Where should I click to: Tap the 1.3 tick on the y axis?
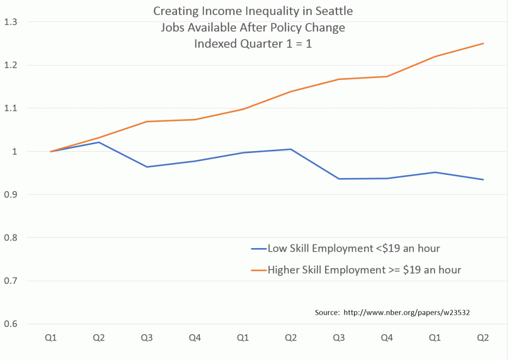[x=10, y=22]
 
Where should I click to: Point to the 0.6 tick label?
[x=10, y=324]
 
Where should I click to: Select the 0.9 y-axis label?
[x=10, y=194]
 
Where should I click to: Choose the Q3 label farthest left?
[x=147, y=339]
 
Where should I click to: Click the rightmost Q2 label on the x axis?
[x=483, y=339]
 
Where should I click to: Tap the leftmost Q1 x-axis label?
[x=50, y=339]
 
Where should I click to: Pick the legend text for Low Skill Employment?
[x=354, y=248]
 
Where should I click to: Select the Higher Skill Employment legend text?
[x=364, y=270]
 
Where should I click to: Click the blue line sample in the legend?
[x=258, y=248]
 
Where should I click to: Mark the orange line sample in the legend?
[x=258, y=270]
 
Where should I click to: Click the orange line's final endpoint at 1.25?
[x=483, y=44]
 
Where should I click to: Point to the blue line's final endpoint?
[x=483, y=180]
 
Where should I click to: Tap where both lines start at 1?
[x=51, y=151]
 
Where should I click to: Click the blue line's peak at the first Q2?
[x=98, y=142]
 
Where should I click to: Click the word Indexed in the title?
[x=214, y=43]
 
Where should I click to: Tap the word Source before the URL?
[x=326, y=313]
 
